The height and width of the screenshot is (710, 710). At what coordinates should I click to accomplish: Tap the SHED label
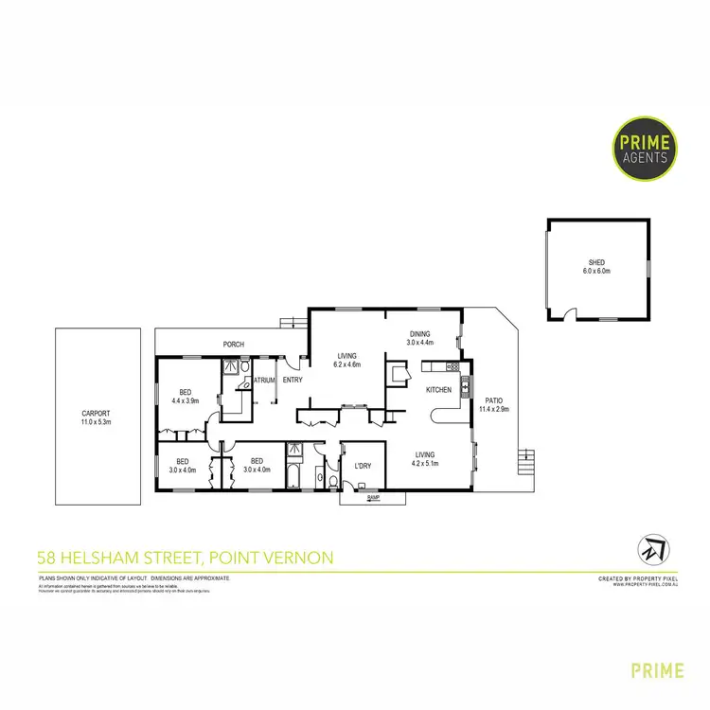pyautogui.click(x=596, y=262)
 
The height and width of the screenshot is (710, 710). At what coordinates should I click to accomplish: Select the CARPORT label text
pyautogui.click(x=96, y=413)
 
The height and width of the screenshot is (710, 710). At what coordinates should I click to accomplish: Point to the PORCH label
pyautogui.click(x=233, y=344)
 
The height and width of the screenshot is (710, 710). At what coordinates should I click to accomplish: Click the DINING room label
pyautogui.click(x=420, y=333)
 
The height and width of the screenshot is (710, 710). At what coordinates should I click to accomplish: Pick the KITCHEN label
pyautogui.click(x=438, y=390)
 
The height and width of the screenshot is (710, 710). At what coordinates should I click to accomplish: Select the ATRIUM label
pyautogui.click(x=264, y=381)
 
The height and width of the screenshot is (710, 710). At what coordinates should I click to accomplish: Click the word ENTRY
pyautogui.click(x=292, y=381)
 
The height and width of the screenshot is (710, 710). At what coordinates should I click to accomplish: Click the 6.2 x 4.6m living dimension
pyautogui.click(x=348, y=364)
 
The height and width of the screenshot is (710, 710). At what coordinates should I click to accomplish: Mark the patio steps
pyautogui.click(x=526, y=464)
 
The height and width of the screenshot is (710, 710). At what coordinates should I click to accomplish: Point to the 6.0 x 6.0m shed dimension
pyautogui.click(x=596, y=272)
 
